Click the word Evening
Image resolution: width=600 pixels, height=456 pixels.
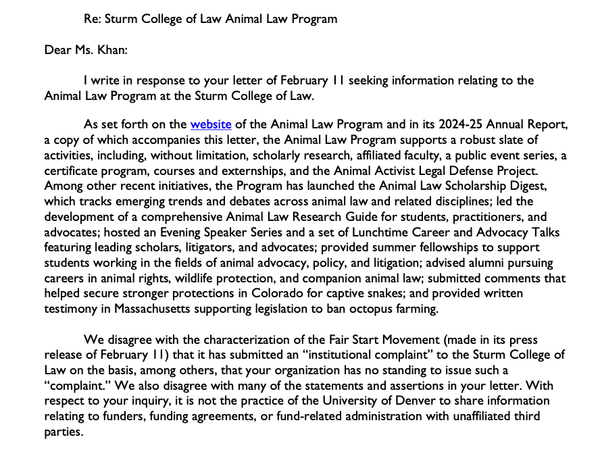point(199,232)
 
